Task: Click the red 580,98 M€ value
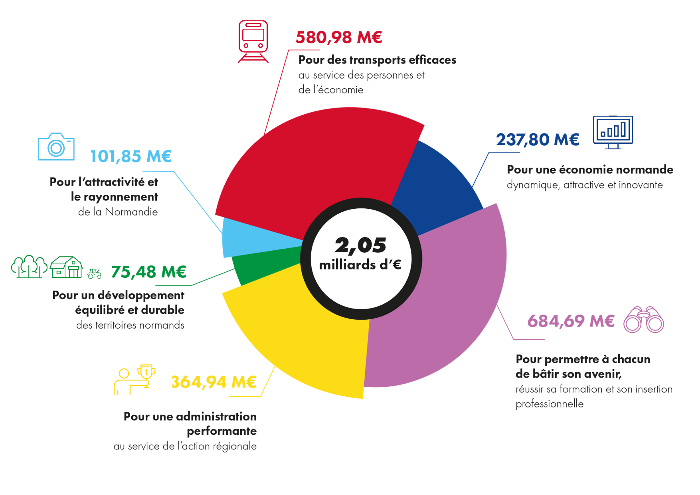pyautogui.click(x=339, y=38)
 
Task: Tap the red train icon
pyautogui.click(x=253, y=42)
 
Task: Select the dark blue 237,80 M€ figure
pyautogui.click(x=538, y=140)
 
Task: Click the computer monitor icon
pyautogui.click(x=613, y=132)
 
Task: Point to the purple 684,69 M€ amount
pyautogui.click(x=571, y=321)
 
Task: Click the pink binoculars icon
pyautogui.click(x=644, y=320)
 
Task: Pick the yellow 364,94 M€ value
pyautogui.click(x=214, y=382)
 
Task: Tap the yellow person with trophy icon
pyautogui.click(x=134, y=380)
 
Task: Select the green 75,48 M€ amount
pyautogui.click(x=148, y=272)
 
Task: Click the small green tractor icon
pyautogui.click(x=94, y=273)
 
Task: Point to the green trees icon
pyautogui.click(x=29, y=267)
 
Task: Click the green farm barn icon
pyautogui.click(x=66, y=267)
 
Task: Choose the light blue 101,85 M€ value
pyautogui.click(x=131, y=156)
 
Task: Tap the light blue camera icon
pyautogui.click(x=56, y=147)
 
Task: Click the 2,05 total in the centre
pyautogui.click(x=360, y=245)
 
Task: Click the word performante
pyautogui.click(x=221, y=431)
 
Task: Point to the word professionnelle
pyautogui.click(x=549, y=404)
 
